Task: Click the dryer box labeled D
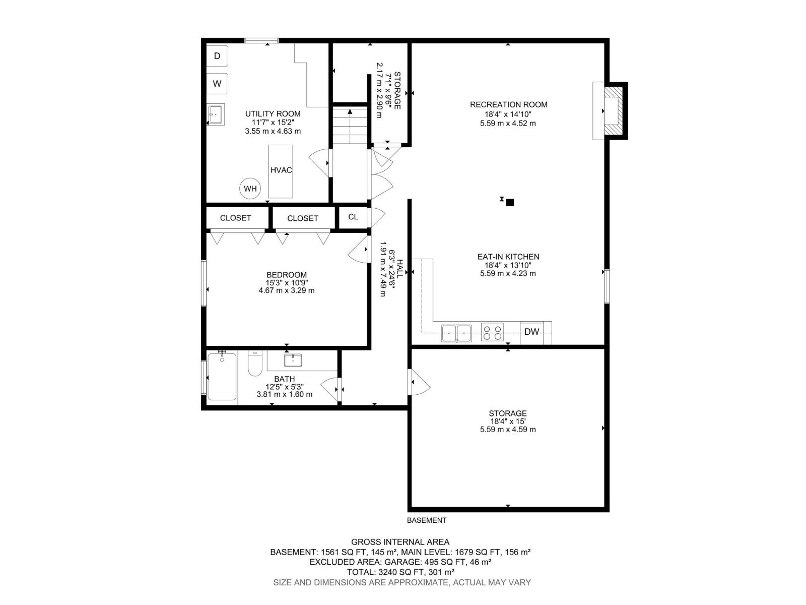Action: tap(217, 56)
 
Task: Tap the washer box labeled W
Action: tap(217, 84)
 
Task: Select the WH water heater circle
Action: tap(250, 189)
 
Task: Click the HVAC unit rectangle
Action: tap(281, 171)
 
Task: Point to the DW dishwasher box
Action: tap(531, 332)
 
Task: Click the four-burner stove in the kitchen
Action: tap(492, 333)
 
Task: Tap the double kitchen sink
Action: tap(456, 333)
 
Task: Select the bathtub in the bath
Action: tap(222, 377)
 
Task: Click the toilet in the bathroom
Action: tap(255, 364)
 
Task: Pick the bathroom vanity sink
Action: tap(293, 360)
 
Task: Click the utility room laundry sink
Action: tap(216, 115)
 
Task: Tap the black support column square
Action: tap(510, 203)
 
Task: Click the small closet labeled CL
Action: tap(353, 217)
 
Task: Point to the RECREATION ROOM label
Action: tap(508, 105)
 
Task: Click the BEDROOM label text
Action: tap(286, 275)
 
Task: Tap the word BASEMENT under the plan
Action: tap(426, 520)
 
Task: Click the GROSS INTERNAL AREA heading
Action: tap(400, 542)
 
